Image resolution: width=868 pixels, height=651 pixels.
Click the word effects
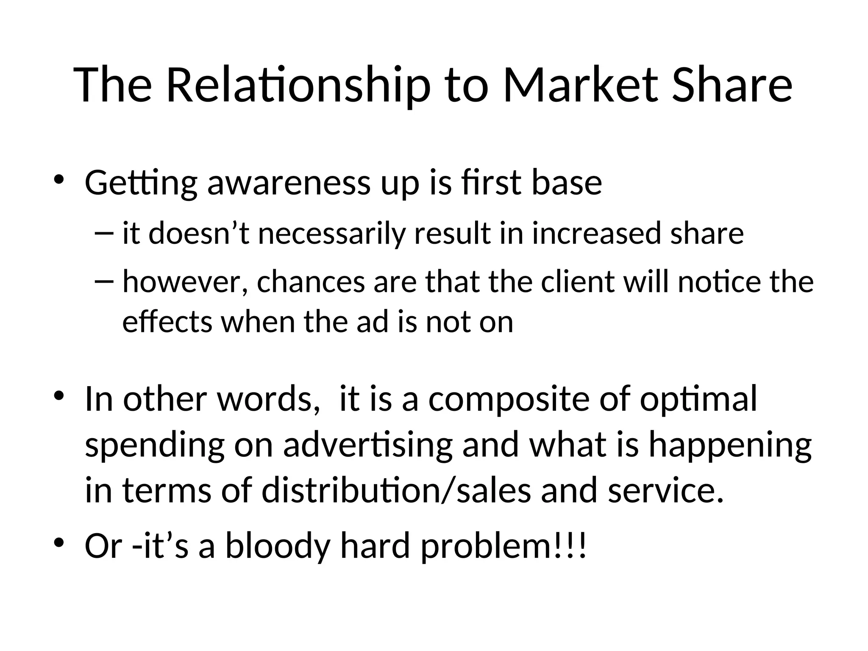coord(167,322)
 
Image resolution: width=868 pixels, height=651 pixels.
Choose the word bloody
coord(278,546)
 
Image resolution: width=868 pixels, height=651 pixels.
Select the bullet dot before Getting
coord(58,178)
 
